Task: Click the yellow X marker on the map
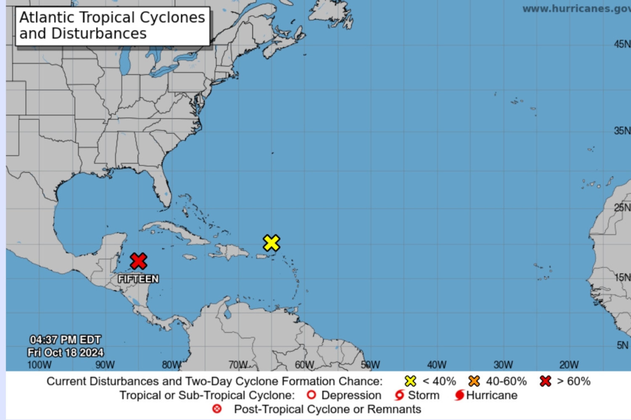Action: (272, 243)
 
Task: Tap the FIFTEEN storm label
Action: (138, 279)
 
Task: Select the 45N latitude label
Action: (622, 44)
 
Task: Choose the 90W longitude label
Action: (105, 365)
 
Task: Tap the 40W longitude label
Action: (437, 365)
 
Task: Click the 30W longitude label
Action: (503, 365)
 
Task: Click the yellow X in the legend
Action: (411, 381)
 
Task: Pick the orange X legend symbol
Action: (474, 381)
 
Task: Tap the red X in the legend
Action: (545, 381)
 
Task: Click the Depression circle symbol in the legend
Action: (312, 395)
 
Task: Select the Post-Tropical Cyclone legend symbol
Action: (217, 409)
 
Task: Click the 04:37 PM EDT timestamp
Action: (65, 340)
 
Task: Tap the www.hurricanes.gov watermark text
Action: (576, 9)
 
